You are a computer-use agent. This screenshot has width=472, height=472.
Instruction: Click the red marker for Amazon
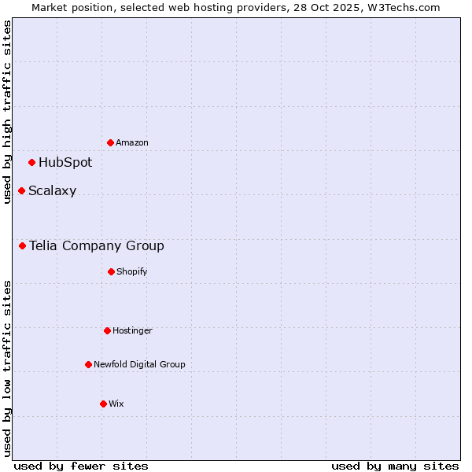[111, 142]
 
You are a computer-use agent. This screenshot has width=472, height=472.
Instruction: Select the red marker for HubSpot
[32, 163]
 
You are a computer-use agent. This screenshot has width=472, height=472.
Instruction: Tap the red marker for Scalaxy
[22, 191]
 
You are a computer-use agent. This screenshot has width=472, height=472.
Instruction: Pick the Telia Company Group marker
[23, 246]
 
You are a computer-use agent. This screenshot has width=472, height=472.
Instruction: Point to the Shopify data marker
[111, 271]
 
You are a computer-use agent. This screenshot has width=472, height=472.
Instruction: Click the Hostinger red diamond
[107, 330]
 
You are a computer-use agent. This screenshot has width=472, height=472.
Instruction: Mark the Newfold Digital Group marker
[88, 364]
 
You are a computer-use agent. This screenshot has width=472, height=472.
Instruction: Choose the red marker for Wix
[103, 404]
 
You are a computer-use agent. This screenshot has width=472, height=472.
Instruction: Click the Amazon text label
[132, 143]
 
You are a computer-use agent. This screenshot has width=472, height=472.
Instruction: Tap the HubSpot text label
[65, 163]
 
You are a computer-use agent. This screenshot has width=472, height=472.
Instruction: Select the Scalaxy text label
[53, 191]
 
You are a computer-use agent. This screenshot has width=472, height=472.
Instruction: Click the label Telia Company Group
[97, 246]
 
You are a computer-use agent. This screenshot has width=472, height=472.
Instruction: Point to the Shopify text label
[132, 272]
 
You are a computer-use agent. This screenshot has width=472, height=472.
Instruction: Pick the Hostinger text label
[132, 331]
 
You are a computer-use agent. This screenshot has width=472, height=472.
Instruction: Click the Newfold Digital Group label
[139, 365]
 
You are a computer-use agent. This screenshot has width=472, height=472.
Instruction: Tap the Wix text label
[116, 404]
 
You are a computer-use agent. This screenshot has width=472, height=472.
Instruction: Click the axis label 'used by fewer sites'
[81, 466]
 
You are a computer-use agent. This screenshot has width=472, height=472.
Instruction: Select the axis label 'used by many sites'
[395, 466]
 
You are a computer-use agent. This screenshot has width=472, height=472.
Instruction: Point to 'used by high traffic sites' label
[7, 112]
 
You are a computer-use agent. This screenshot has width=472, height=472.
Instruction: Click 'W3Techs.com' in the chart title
[401, 7]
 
